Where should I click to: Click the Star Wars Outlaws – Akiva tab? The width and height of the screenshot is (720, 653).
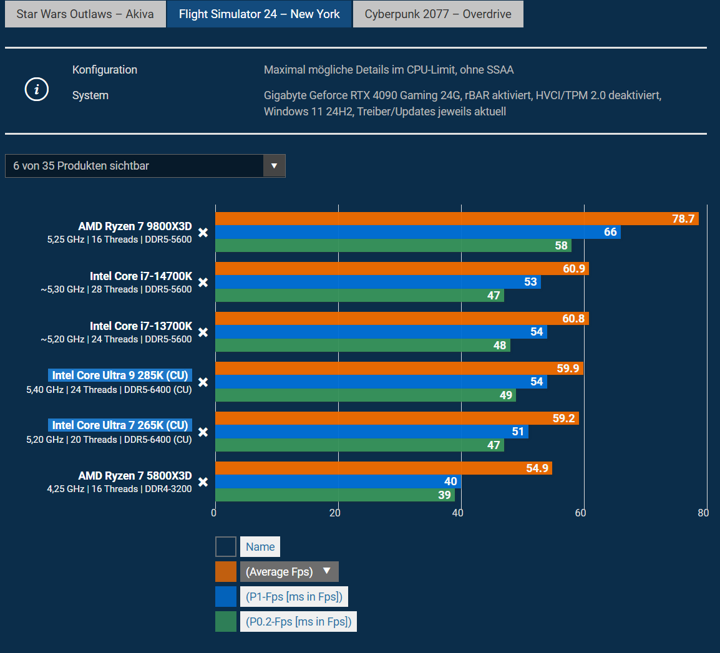[x=85, y=14]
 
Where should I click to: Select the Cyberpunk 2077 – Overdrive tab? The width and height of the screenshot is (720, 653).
[x=438, y=14]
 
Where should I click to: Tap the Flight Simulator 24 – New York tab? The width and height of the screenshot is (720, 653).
[x=259, y=14]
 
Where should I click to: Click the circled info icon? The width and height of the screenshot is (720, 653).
[x=37, y=90]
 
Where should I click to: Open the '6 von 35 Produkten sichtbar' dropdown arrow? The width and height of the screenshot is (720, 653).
[x=274, y=166]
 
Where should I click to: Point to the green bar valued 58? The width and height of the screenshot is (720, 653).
[x=392, y=246]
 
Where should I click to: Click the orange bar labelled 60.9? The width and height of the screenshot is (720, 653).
[x=401, y=269]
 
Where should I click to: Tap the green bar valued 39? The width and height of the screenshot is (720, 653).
[x=334, y=495]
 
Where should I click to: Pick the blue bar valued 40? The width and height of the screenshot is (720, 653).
[x=338, y=481]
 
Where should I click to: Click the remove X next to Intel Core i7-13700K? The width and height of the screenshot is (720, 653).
[x=203, y=332]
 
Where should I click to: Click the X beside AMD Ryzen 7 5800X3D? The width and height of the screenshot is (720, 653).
[x=203, y=482]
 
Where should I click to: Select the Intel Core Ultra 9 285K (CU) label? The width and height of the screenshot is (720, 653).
[x=120, y=375]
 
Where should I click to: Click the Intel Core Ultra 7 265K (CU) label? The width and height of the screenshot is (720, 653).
[x=120, y=425]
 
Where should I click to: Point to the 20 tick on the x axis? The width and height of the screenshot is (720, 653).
[x=335, y=513]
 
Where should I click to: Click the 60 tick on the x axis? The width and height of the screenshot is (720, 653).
[x=581, y=513]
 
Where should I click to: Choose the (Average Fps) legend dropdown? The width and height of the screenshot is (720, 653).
[x=289, y=571]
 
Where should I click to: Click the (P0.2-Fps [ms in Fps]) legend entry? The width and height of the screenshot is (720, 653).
[x=298, y=621]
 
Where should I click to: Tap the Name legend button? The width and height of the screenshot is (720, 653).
[x=260, y=547]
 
